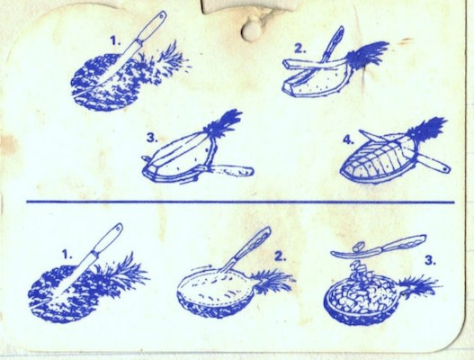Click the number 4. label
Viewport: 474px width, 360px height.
[x=349, y=139]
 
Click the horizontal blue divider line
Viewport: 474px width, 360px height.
[x=240, y=202]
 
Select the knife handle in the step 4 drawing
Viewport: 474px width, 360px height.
[x=435, y=163]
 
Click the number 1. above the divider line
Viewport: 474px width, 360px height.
[x=115, y=40]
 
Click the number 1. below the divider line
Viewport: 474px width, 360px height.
[x=67, y=255]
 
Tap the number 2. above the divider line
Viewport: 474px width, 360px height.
[x=300, y=49]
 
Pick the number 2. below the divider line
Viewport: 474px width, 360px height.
[x=281, y=256]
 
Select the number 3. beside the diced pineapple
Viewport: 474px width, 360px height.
[x=431, y=260]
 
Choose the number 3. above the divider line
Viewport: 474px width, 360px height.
[x=152, y=138]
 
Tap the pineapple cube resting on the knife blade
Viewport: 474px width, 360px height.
[x=360, y=247]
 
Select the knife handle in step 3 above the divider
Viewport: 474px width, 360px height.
[x=233, y=171]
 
